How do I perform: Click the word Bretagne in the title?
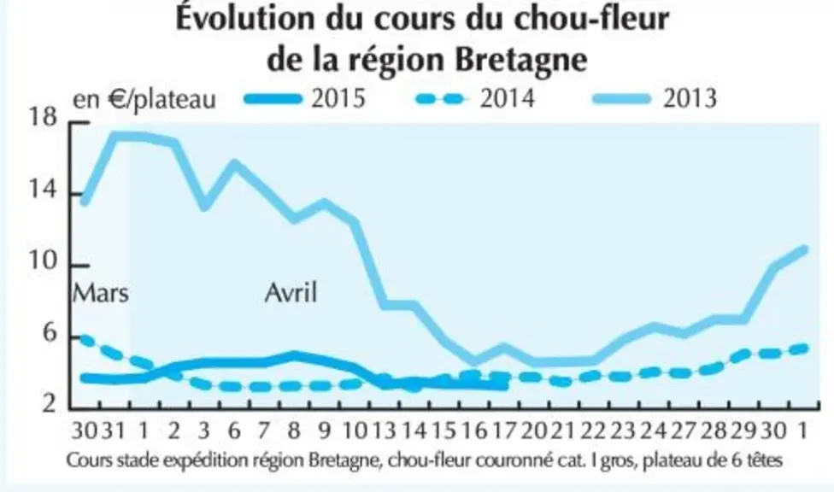[x=521, y=60]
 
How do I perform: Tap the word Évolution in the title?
[x=246, y=18]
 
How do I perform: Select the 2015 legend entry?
[x=305, y=99]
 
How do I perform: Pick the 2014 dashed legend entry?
[x=475, y=99]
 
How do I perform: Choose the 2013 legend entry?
[x=655, y=99]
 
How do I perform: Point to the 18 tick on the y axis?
[x=42, y=118]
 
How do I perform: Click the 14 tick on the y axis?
[x=42, y=190]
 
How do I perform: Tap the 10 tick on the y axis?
[x=42, y=261]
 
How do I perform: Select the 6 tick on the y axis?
[x=49, y=333]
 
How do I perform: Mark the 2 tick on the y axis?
[x=49, y=404]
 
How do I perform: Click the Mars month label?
[x=101, y=293]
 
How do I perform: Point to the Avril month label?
[x=291, y=292]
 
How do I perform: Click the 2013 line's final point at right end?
[x=804, y=249]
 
